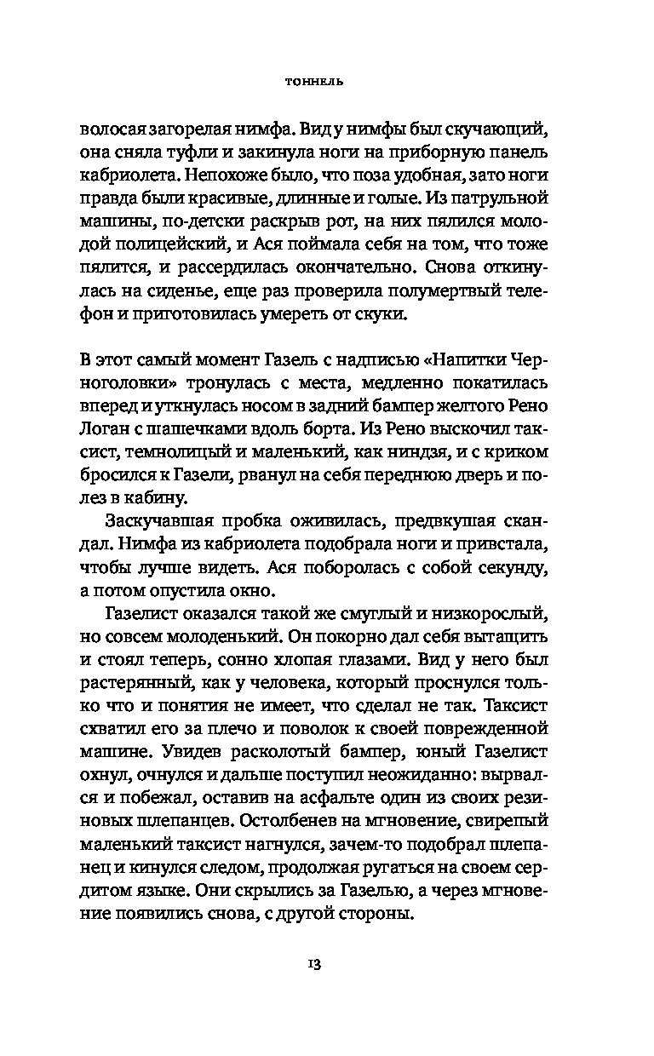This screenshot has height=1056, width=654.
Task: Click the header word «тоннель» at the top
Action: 327,83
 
